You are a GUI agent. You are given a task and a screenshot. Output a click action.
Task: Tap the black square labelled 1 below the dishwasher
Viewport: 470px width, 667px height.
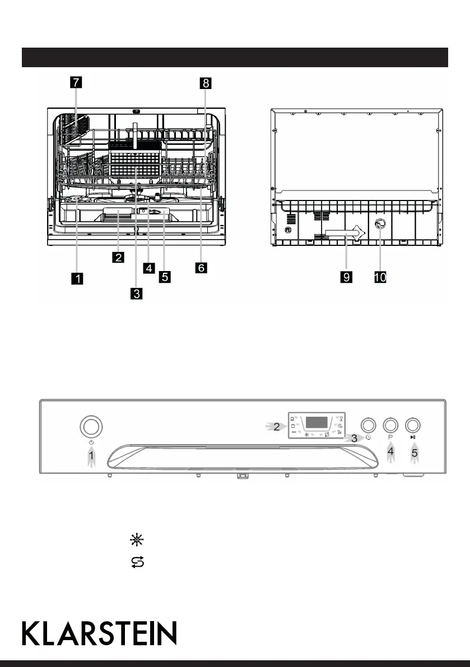[x=77, y=277]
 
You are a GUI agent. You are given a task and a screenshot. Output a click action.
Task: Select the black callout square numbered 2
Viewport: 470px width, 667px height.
[x=118, y=257]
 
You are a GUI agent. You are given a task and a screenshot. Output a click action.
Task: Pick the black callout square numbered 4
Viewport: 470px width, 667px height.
[x=149, y=268]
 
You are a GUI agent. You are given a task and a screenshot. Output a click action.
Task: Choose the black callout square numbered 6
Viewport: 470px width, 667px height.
[x=201, y=268]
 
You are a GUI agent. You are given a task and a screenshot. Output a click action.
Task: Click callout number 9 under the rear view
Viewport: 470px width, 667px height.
[x=346, y=277]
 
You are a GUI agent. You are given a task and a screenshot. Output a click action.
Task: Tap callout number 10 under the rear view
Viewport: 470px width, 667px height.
[x=380, y=277]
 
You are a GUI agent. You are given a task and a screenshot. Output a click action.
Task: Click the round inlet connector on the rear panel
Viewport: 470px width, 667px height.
[x=379, y=240]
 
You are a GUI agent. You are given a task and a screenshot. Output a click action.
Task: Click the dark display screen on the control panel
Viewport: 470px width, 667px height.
[x=317, y=422]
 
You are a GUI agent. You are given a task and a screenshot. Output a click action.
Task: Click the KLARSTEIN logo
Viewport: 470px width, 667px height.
[x=99, y=633]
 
